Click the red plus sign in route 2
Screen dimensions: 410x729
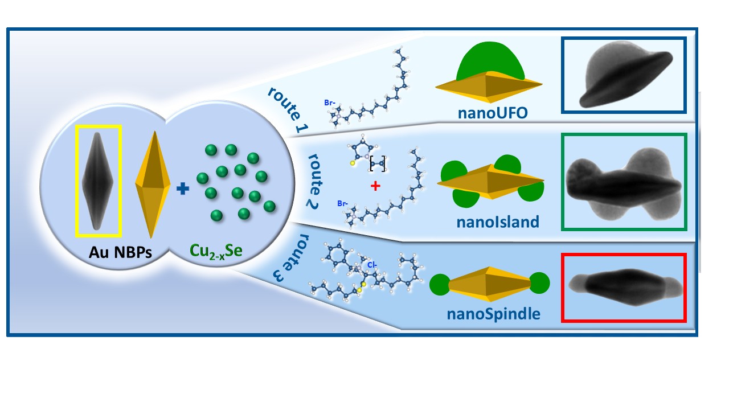pyautogui.click(x=375, y=185)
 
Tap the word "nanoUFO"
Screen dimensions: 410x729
pyautogui.click(x=493, y=112)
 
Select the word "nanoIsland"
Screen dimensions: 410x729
pyautogui.click(x=497, y=222)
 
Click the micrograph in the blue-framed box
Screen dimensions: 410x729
pyautogui.click(x=624, y=74)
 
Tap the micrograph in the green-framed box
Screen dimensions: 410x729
pyautogui.click(x=624, y=182)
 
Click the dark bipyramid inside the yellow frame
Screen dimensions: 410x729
pyautogui.click(x=97, y=181)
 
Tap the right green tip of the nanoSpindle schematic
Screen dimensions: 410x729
pyautogui.click(x=539, y=283)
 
